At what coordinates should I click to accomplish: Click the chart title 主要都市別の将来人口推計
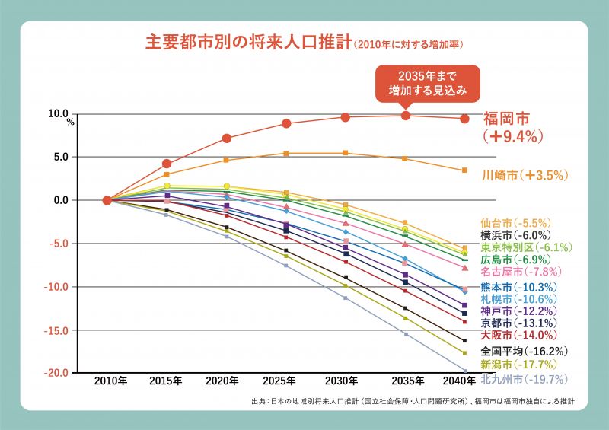249,43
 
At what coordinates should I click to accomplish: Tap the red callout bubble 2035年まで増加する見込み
428,84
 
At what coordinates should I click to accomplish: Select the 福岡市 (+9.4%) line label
512,127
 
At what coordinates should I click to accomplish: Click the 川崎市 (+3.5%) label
525,175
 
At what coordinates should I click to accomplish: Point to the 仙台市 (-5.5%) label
516,223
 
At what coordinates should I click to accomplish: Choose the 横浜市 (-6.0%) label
516,235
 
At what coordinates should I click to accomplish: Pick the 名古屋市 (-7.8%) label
521,272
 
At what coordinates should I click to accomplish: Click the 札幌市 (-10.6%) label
518,299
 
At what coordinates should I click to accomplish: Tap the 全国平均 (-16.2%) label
524,351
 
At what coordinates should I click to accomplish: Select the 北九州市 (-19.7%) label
524,379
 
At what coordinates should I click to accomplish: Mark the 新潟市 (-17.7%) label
518,365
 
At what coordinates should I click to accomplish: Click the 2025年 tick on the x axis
279,381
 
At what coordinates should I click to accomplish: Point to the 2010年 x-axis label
110,381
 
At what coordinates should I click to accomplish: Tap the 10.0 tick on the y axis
59,113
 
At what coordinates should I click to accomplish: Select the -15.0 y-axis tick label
56,331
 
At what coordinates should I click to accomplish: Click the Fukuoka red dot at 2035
406,116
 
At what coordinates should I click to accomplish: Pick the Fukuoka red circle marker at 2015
167,164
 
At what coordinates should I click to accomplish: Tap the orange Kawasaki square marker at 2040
464,170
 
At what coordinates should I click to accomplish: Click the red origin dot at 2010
107,200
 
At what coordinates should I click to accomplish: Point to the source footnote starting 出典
413,401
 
